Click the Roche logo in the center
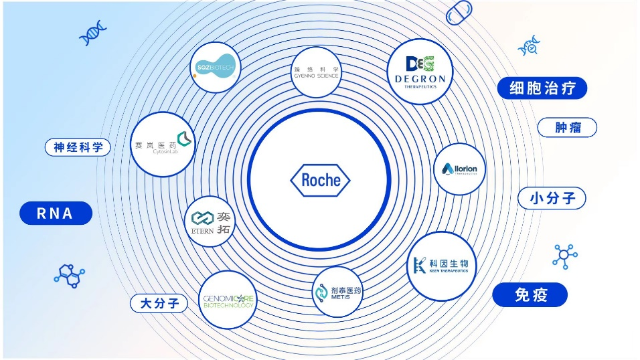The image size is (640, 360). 320,180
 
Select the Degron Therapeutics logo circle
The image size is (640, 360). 420,70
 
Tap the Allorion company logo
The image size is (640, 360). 460,169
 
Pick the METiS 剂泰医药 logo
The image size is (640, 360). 337,292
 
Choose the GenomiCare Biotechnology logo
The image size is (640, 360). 228,300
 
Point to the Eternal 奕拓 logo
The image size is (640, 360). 210,221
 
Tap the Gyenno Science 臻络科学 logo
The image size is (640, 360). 317,72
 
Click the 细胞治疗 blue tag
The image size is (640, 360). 542,88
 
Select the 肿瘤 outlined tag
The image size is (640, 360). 566,127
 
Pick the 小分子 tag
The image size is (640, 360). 552,199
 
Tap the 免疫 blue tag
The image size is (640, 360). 530,295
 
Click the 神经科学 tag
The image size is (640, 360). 78,147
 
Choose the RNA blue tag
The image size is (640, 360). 56,213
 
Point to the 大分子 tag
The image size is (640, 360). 159,303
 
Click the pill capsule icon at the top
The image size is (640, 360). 459,13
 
